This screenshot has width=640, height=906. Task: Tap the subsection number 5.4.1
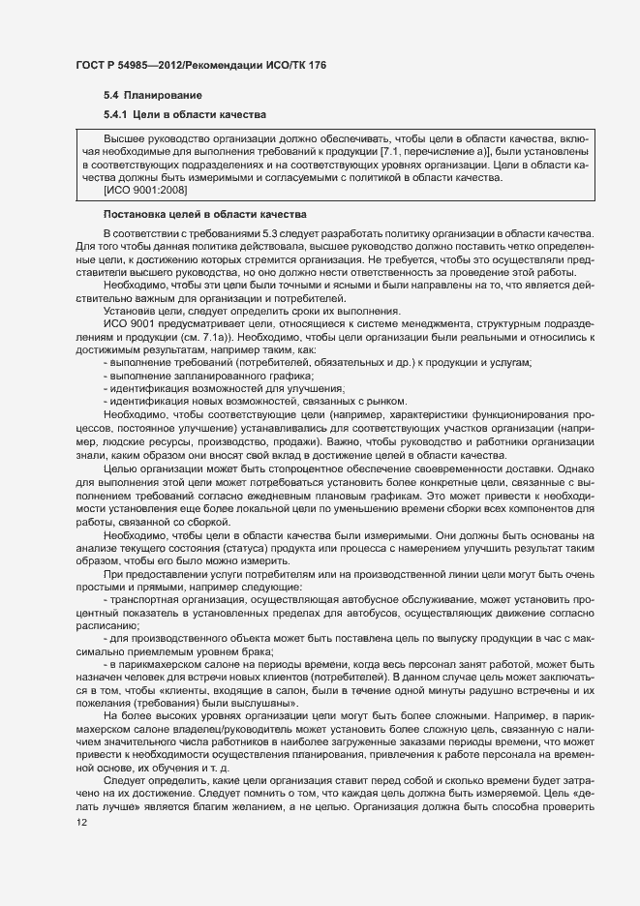pyautogui.click(x=117, y=116)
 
